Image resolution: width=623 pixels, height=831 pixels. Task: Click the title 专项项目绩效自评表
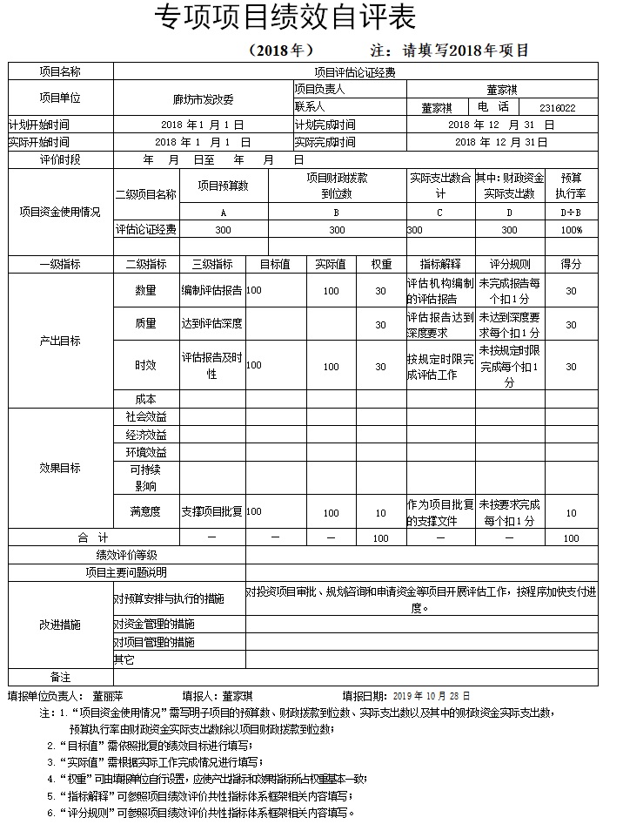pos(284,17)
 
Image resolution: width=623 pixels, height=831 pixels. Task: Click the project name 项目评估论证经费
pos(355,71)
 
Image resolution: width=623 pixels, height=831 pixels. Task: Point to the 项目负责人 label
pos(320,89)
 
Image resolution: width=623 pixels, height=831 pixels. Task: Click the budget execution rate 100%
pos(571,230)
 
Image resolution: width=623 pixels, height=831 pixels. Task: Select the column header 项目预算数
pos(223,185)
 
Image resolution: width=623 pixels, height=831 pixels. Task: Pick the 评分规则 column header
pos(510,264)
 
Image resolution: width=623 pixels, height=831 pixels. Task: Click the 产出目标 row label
pos(60,341)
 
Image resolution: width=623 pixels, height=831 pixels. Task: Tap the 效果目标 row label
pos(60,468)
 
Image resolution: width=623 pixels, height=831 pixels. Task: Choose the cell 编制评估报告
pos(211,290)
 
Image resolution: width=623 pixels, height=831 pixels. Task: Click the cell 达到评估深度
pos(211,324)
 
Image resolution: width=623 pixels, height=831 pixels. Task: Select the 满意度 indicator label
pos(145,512)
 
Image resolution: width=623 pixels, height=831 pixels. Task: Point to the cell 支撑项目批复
pos(211,512)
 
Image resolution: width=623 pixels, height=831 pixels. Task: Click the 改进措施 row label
pos(60,625)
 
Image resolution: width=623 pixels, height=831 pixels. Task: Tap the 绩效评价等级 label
pos(127,555)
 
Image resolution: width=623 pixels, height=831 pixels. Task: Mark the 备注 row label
pos(60,677)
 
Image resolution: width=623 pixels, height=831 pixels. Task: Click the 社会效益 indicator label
pos(145,417)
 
